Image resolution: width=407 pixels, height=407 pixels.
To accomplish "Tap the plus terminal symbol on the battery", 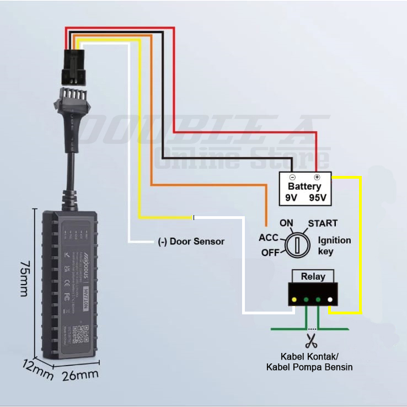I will (317, 178).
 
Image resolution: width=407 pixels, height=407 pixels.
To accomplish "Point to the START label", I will (323, 223).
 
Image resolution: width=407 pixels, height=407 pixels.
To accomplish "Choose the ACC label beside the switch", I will (269, 238).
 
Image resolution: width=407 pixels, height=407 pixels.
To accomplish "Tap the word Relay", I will (313, 276).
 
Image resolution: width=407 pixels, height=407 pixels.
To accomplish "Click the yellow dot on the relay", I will (294, 300).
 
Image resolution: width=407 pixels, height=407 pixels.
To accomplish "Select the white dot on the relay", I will (330, 300).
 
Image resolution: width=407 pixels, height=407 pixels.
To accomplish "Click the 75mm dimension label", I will (24, 279).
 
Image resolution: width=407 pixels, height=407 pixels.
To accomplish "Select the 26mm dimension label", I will (81, 375).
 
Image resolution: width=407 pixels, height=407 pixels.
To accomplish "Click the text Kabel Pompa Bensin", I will (309, 367).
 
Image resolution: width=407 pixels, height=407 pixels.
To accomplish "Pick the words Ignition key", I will (334, 246).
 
